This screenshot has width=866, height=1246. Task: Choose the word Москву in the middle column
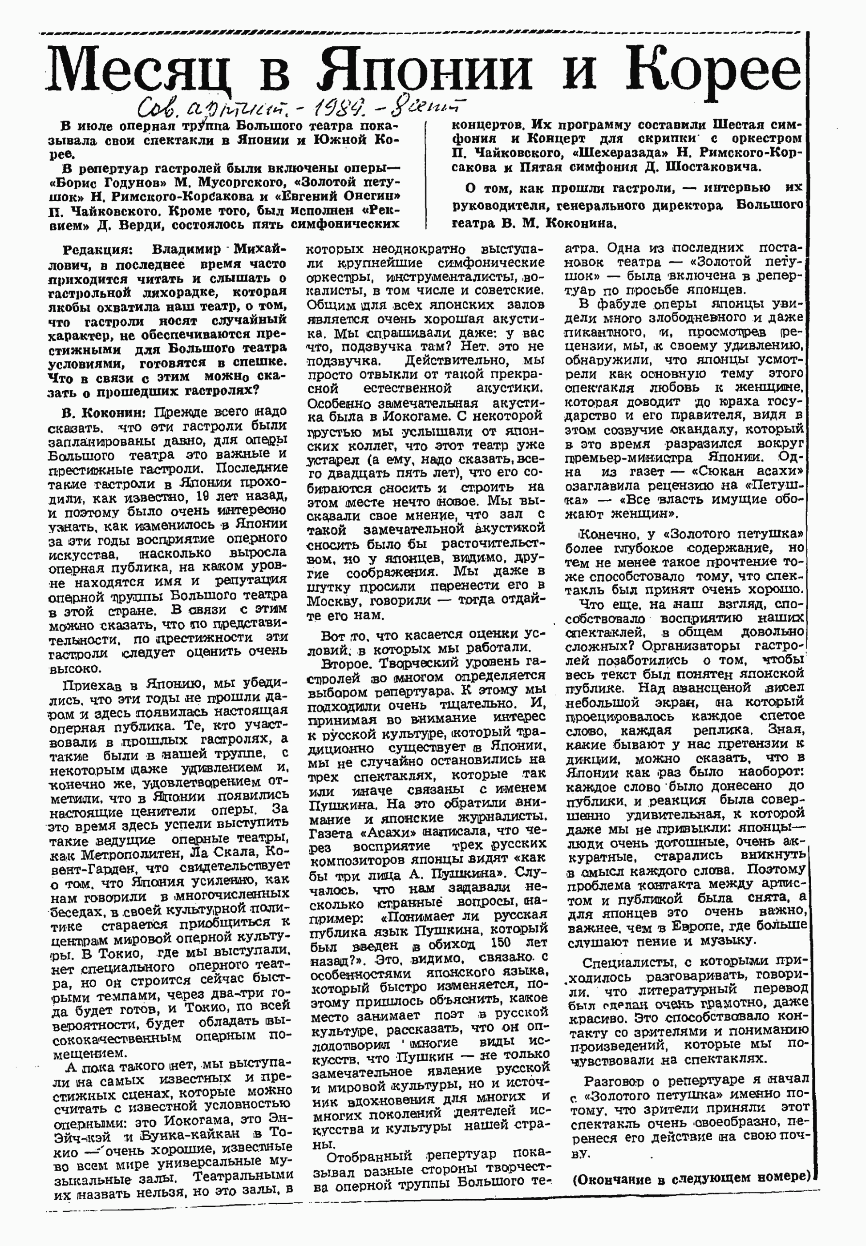tap(334, 601)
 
